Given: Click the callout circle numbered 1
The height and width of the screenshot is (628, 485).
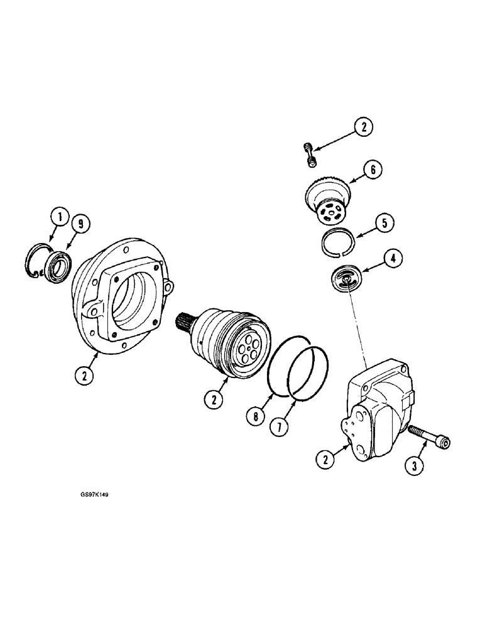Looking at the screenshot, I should point(59,219).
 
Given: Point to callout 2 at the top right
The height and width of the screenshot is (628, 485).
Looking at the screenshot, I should point(362,127).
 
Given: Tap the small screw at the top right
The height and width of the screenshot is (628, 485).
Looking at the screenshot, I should point(309,154).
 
